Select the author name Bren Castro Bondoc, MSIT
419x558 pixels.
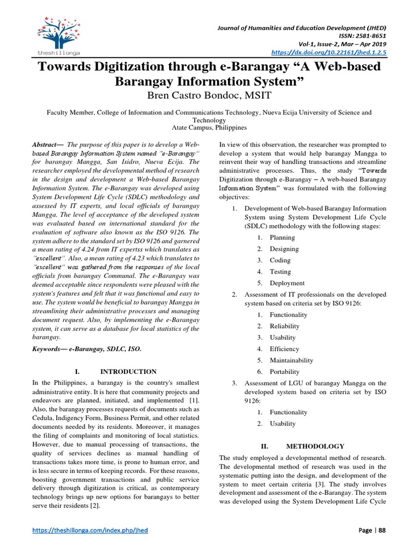click(x=209, y=96)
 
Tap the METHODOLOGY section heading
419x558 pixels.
click(x=318, y=446)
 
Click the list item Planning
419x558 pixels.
click(x=282, y=238)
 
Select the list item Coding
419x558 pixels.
click(x=280, y=260)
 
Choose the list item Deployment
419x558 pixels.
click(x=287, y=283)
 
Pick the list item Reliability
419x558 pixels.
click(x=284, y=326)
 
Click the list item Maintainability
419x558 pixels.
click(x=291, y=360)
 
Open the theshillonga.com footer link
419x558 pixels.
click(x=91, y=530)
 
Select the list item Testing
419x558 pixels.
click(x=280, y=272)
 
